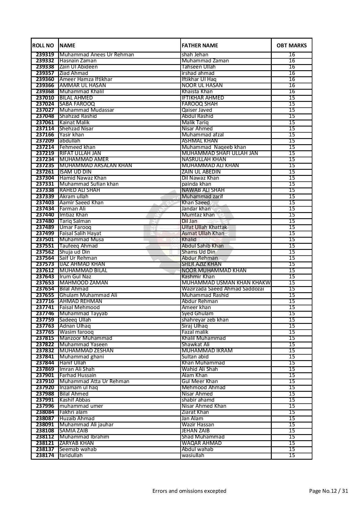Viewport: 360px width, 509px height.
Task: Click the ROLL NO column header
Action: pos(43,45)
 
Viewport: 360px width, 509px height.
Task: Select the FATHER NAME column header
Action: pos(200,45)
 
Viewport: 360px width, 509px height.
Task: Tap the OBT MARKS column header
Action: pos(291,45)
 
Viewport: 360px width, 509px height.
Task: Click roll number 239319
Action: pos(45,55)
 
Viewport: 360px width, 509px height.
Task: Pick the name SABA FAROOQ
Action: pos(77,104)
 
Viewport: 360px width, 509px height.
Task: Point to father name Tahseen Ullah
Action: pos(199,67)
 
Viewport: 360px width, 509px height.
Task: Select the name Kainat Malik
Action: pos(75,122)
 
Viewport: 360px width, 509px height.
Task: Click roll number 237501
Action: pos(45,239)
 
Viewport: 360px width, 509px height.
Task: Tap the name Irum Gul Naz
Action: pos(75,277)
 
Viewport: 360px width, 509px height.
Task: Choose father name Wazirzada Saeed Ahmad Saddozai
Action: pos(223,289)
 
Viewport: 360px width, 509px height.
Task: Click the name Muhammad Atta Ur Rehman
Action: pos(94,381)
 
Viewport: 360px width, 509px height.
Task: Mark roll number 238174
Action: pos(45,455)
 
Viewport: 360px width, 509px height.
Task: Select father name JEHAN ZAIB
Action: pos(195,431)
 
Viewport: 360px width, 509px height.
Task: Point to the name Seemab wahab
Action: pos(78,449)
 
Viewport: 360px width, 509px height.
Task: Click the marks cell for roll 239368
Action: pos(292,91)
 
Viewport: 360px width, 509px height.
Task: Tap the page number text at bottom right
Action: pos(328,491)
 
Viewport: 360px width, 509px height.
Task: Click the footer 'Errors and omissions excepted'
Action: pos(189,491)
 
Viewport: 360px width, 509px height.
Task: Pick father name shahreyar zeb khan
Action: pos(205,320)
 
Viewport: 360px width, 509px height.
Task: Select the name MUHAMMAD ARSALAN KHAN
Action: pos(96,165)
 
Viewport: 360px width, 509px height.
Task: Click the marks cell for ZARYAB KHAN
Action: pos(292,443)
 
